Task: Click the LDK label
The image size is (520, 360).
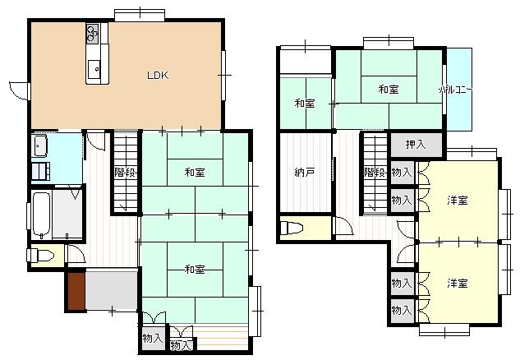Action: pos(158,75)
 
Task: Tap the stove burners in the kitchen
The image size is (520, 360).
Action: pos(93,34)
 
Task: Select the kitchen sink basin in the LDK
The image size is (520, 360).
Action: pos(94,69)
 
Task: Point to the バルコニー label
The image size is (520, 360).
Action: pos(456,90)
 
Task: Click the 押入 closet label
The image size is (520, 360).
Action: pos(416,145)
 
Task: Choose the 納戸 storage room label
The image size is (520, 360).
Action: pos(305,173)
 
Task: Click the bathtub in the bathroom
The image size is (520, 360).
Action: pos(42,215)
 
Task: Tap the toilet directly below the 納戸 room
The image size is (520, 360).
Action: pos(292,228)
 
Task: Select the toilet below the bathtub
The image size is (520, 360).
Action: pos(40,256)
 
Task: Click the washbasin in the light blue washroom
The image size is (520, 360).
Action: pos(40,146)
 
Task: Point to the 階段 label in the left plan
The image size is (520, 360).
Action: pos(126,173)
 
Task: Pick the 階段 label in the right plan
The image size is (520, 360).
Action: pos(375,173)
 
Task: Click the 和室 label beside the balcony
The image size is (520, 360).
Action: pos(389,90)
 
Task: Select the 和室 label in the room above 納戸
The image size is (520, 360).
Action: pos(305,104)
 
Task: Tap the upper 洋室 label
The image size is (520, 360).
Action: pos(458,201)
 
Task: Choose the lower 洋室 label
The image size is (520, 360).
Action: pos(458,284)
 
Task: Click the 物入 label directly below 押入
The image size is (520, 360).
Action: pos(402,173)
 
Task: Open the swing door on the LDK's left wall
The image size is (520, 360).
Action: pos(20,90)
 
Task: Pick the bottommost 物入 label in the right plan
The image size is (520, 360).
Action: pos(402,311)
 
